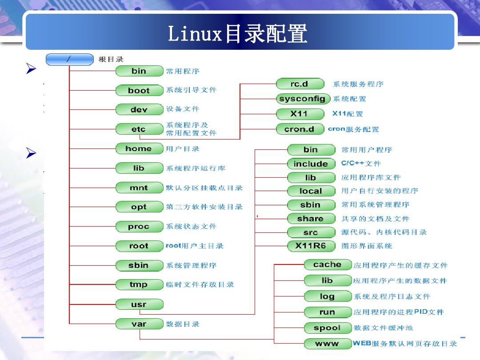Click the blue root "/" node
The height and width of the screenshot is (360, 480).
[69, 59]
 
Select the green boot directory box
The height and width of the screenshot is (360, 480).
[139, 90]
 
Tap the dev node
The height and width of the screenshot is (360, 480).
[139, 110]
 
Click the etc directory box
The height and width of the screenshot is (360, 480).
[139, 129]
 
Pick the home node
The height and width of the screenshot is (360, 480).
[139, 149]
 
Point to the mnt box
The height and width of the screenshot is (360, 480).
[139, 188]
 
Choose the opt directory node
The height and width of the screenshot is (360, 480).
[139, 207]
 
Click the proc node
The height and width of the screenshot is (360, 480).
[139, 227]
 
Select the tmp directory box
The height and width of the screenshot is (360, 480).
[139, 284]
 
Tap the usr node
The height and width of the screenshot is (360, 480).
[139, 304]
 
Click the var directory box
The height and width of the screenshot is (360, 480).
[139, 324]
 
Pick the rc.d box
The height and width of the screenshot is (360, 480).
[299, 84]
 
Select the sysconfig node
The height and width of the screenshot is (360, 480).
[302, 99]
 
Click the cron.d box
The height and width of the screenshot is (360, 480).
[299, 129]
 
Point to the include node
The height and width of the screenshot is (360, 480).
[311, 164]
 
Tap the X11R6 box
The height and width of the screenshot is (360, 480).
[311, 246]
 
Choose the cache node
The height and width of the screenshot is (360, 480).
[328, 265]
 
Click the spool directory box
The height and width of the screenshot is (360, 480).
[328, 328]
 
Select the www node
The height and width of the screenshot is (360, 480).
[328, 344]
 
